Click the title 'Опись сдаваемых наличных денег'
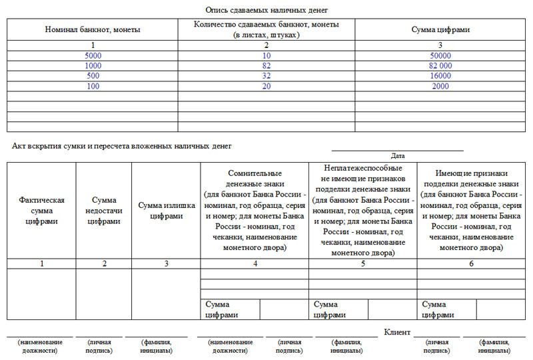coord(266,10)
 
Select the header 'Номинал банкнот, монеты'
coord(93,29)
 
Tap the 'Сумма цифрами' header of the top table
coord(440,29)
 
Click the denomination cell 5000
coord(93,55)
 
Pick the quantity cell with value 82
coord(266,65)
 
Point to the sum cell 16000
coord(440,76)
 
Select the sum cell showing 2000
coord(440,86)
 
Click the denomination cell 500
coord(93,76)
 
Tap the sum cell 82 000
coord(440,65)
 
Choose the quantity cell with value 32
coord(266,76)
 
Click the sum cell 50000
coord(440,55)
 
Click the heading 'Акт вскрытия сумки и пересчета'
coord(122,145)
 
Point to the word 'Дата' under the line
coord(398,155)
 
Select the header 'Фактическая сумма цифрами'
coord(41,211)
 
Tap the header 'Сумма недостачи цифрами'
coord(104,211)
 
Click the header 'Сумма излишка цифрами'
coord(166,210)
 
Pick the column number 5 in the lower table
coord(363,263)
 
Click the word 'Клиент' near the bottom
coord(398,331)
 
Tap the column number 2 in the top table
coord(266,45)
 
